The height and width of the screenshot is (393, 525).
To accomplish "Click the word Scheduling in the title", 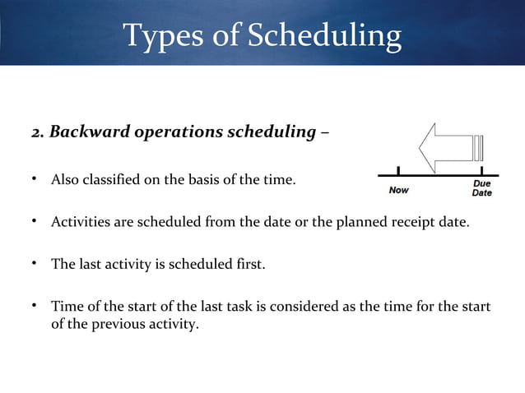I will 325,35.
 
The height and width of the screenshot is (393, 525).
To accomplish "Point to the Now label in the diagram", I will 398,189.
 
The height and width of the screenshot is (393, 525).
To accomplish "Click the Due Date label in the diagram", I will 481,188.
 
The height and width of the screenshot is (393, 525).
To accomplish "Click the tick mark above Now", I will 398,170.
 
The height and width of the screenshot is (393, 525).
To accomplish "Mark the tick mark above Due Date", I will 481,170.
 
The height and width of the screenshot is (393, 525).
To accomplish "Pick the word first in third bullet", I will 249,264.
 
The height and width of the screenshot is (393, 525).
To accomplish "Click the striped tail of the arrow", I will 478,147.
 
